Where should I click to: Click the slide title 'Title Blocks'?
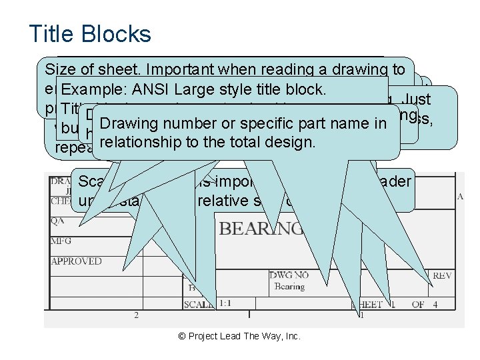[90, 34]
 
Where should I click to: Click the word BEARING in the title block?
[261, 229]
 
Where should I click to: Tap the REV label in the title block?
[442, 275]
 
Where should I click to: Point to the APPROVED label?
[77, 261]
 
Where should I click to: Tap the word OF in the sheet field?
[417, 304]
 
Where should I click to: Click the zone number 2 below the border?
[137, 315]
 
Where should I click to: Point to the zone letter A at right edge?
[460, 197]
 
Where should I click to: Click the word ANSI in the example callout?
[151, 90]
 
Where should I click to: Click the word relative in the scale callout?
[221, 201]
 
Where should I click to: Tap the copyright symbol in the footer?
[183, 336]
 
